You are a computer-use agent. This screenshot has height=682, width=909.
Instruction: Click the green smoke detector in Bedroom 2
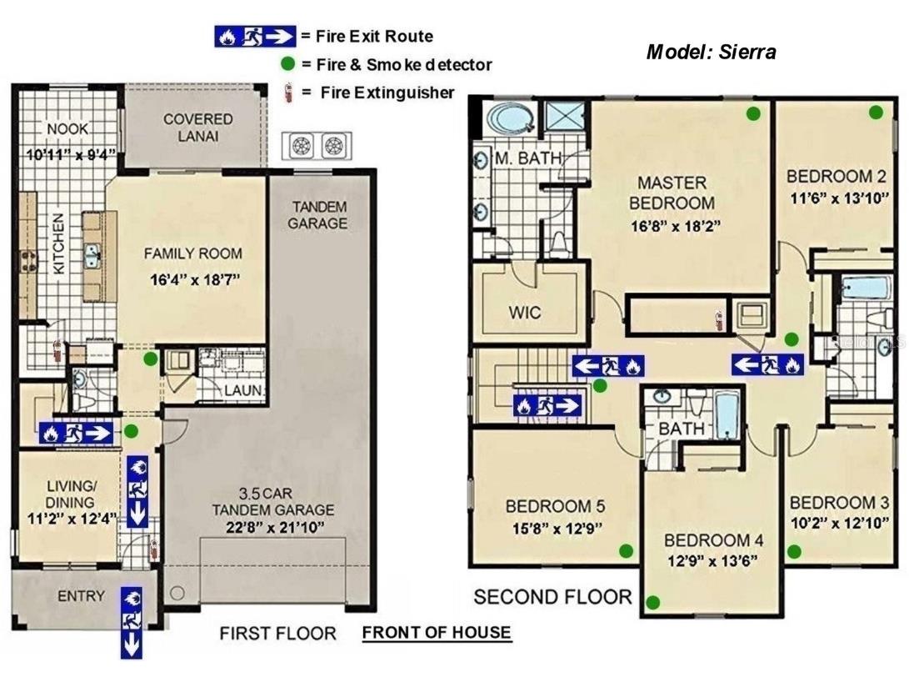876,112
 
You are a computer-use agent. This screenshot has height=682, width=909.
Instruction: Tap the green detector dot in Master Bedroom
753,113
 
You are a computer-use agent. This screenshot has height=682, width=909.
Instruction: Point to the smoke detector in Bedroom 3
794,550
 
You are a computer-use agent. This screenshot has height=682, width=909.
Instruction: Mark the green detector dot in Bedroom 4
653,601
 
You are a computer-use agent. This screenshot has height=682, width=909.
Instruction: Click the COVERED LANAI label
197,127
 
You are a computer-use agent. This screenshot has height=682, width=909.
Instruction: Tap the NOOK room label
67,128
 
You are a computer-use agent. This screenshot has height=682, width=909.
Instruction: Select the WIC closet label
525,313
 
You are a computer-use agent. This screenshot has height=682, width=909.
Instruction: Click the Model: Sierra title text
711,52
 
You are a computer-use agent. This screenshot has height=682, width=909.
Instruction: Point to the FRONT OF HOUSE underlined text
437,632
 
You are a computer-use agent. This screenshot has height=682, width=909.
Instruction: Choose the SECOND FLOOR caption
552,597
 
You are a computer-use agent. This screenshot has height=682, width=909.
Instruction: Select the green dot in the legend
288,63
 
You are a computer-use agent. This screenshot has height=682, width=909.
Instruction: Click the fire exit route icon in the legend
255,36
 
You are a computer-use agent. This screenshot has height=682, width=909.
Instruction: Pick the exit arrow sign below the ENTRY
132,622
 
